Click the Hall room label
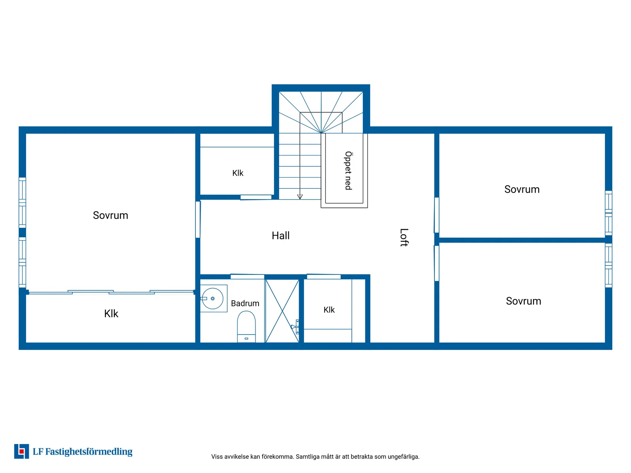[281, 236]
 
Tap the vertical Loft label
[404, 238]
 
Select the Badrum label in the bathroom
[245, 304]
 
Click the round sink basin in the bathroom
[213, 299]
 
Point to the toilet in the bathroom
[246, 327]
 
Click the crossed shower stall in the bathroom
[282, 311]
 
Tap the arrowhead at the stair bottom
[300, 197]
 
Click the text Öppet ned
[348, 170]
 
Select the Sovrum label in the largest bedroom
[111, 215]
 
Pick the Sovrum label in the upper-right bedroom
[522, 190]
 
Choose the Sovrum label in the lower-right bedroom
[524, 301]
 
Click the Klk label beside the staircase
[238, 173]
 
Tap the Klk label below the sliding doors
[111, 314]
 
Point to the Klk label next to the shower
[329, 310]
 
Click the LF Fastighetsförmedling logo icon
[21, 452]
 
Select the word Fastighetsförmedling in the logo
[89, 452]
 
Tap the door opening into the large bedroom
[198, 220]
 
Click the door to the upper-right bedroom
[437, 215]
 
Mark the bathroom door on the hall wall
[247, 277]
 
